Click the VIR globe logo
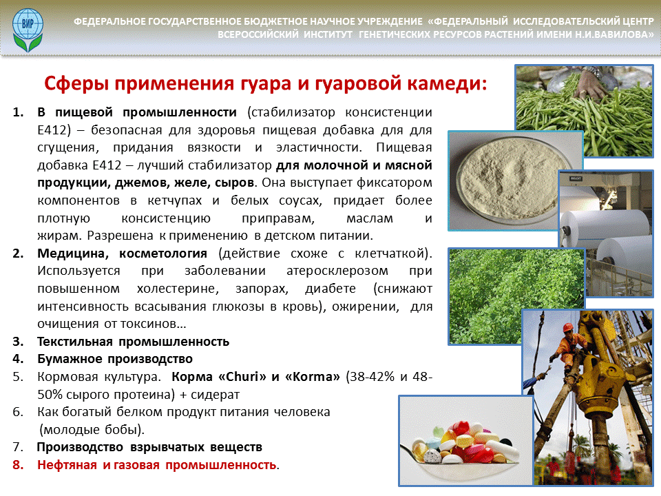pos(28,29)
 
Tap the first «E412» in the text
pos(52,130)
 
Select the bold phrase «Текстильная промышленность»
pos(133,341)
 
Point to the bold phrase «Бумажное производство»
pos(115,359)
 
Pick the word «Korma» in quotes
pos(313,376)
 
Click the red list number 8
pos(18,465)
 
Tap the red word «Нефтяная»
pos(67,465)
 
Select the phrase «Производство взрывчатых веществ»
pos(149,447)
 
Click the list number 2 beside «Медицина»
pos(18,254)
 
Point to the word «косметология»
pos(163,254)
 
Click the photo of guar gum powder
pos(514,180)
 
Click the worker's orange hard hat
pos(568,327)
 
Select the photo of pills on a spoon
pos(466,441)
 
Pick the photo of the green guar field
pos(516,296)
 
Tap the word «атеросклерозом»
pos(337,271)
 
